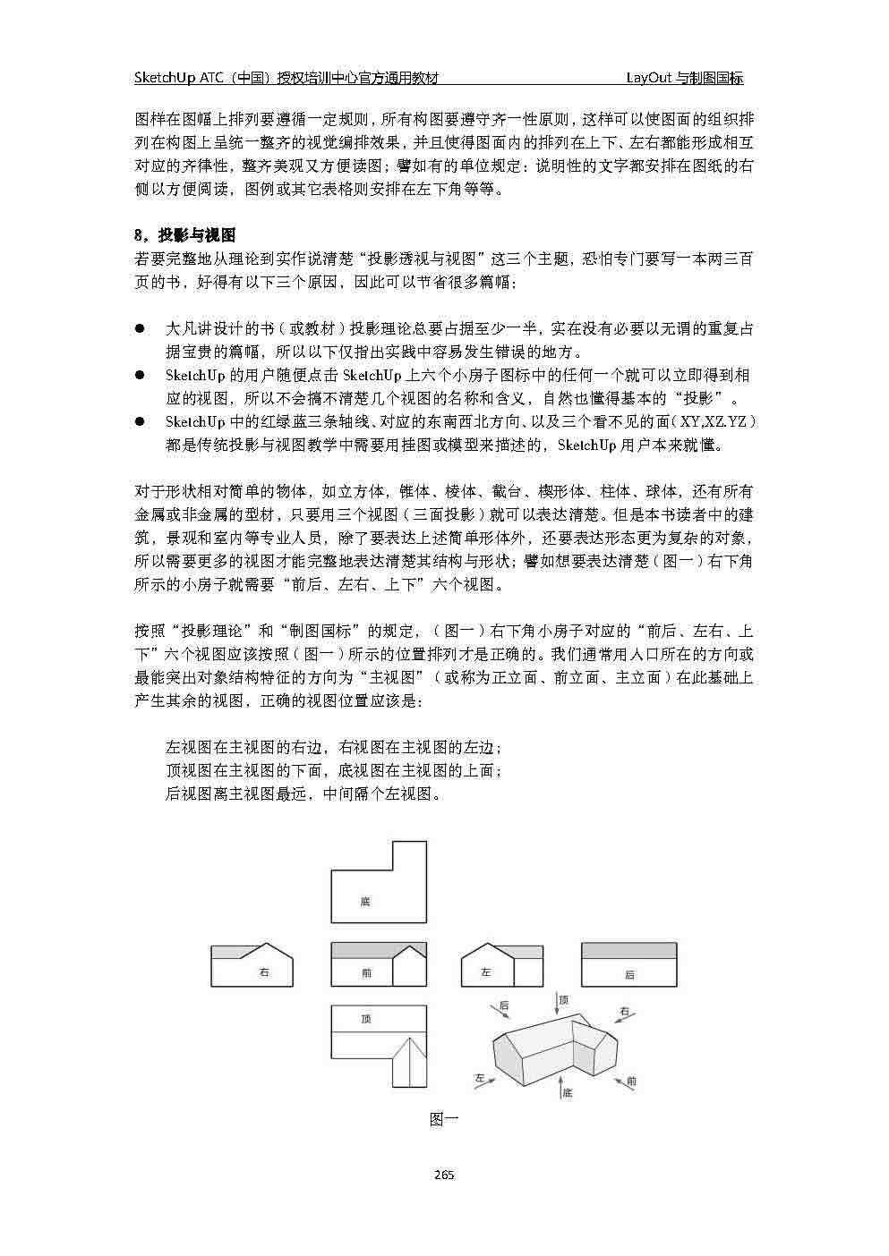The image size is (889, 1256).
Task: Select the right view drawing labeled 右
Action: [x=252, y=965]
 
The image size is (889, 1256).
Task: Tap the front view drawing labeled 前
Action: [x=379, y=965]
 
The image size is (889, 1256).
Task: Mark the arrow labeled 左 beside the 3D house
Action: [x=488, y=1079]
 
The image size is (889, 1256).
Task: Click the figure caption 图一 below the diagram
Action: [x=444, y=1118]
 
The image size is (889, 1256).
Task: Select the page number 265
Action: [x=444, y=1175]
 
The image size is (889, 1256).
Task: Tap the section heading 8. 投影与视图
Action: [x=184, y=235]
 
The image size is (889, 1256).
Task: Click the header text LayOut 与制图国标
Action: [x=685, y=78]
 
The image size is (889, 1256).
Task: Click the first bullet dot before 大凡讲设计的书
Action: [x=140, y=329]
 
